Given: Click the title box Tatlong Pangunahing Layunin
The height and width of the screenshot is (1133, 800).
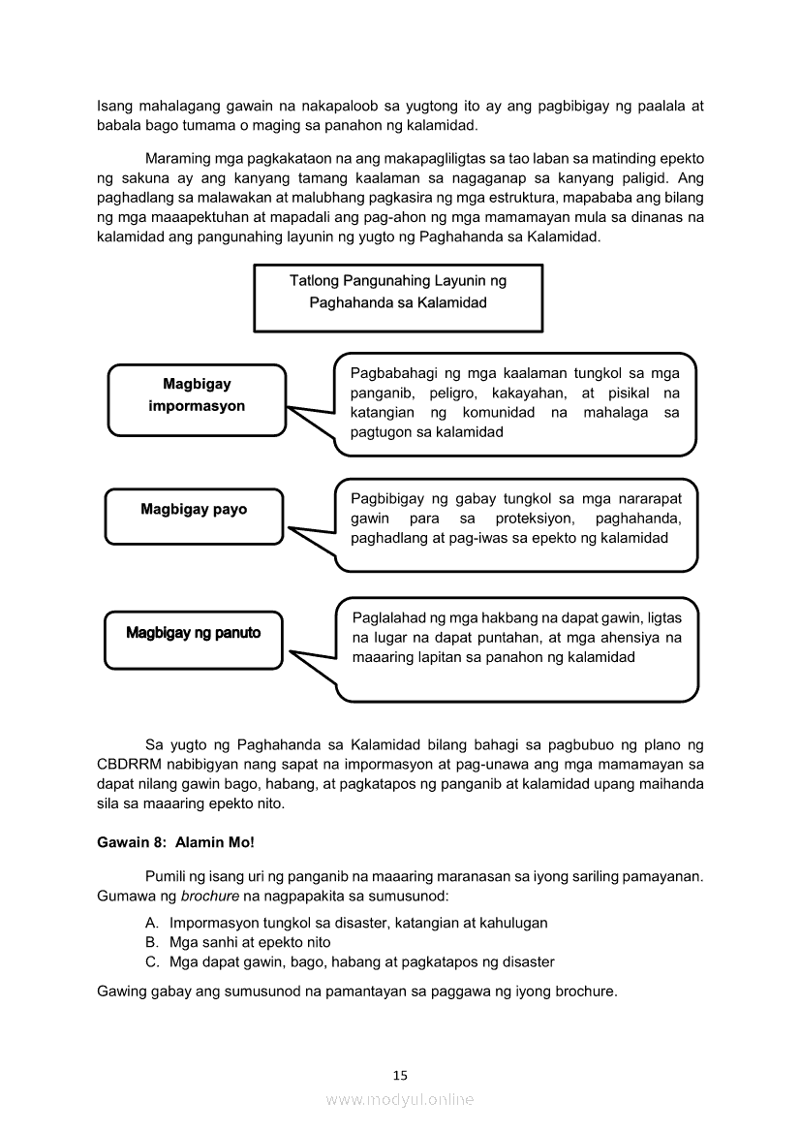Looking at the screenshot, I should coord(397,292).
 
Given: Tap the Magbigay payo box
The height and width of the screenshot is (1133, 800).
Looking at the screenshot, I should coord(194,510).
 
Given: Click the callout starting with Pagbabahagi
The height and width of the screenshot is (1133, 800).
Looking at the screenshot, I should coord(514,403).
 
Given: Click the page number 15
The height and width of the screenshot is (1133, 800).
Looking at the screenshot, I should coord(401,1075).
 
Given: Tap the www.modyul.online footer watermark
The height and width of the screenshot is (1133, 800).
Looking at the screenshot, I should coord(400,1099).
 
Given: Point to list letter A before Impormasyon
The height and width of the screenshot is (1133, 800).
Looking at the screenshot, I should coord(152,923).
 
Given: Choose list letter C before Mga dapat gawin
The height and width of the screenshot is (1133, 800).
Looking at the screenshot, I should coord(152,961).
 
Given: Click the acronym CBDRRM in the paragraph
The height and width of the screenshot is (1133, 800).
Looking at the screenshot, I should coord(130,764).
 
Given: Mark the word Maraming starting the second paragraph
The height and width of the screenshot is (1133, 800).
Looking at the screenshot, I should coord(174,158).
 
